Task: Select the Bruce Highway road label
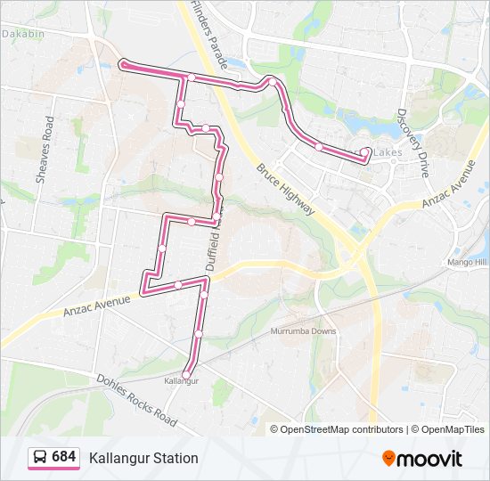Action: (286, 189)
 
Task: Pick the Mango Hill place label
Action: (467, 263)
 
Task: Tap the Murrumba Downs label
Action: (304, 332)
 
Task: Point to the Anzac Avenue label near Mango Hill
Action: (449, 184)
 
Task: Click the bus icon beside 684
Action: (40, 458)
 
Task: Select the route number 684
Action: (64, 457)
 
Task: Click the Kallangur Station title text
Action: (143, 458)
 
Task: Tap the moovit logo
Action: (422, 459)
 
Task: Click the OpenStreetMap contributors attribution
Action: (341, 429)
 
